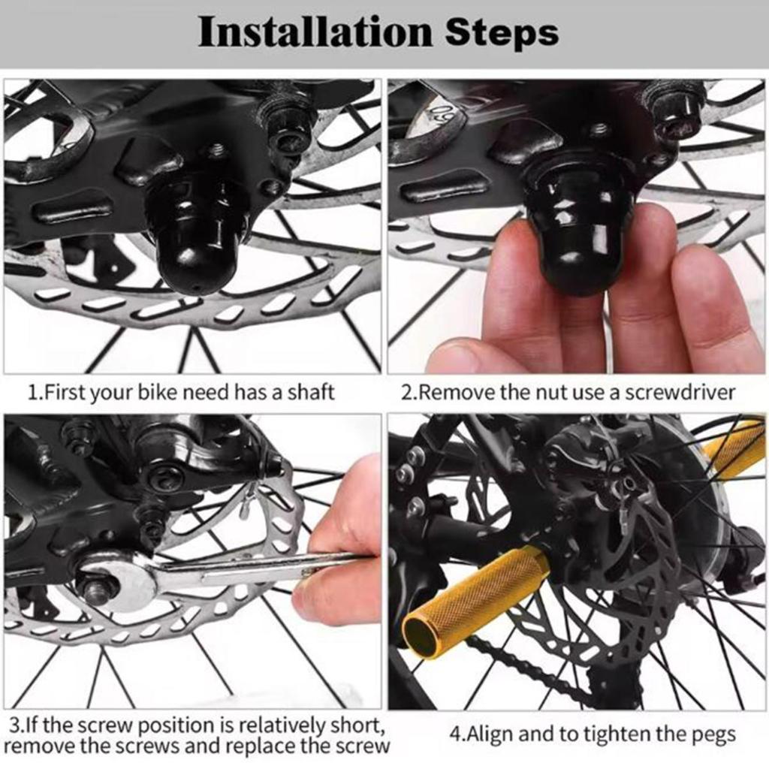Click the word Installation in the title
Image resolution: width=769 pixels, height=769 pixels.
tap(315, 32)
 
